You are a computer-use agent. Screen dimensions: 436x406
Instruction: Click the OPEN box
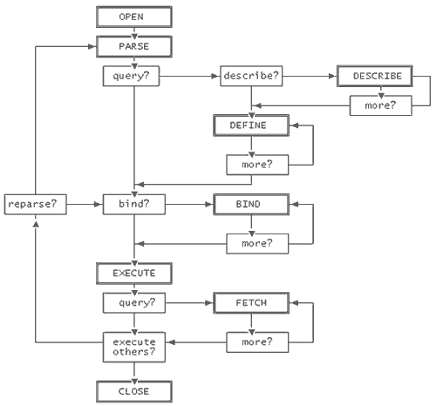[134, 17]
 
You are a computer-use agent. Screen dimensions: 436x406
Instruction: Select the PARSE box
[134, 46]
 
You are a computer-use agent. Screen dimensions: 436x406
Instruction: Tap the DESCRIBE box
[375, 76]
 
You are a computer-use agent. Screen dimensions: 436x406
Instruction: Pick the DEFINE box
[251, 125]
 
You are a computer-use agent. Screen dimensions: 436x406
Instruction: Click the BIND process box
[251, 204]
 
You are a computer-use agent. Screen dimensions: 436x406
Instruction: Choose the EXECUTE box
[134, 274]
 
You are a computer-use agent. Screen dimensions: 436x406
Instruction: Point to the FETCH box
[251, 303]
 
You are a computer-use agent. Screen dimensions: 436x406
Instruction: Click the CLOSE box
[134, 391]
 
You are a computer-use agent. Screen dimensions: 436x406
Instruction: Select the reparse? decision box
[36, 205]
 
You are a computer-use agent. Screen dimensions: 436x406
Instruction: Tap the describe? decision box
[251, 76]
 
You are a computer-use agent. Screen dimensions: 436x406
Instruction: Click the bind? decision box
[134, 205]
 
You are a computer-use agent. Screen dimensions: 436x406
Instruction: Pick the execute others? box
[134, 347]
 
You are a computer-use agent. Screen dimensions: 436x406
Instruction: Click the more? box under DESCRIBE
[381, 105]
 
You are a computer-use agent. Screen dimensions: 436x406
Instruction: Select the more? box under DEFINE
[257, 165]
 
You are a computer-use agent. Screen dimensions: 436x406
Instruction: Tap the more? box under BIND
[257, 244]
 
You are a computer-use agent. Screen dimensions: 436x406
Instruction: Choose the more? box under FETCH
[257, 342]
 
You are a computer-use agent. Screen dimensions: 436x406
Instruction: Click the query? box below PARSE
[131, 76]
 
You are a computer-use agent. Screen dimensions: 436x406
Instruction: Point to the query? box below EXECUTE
[134, 303]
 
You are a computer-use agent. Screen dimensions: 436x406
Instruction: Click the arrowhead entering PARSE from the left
[92, 46]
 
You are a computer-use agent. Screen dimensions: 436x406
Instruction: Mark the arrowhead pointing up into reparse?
[36, 224]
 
